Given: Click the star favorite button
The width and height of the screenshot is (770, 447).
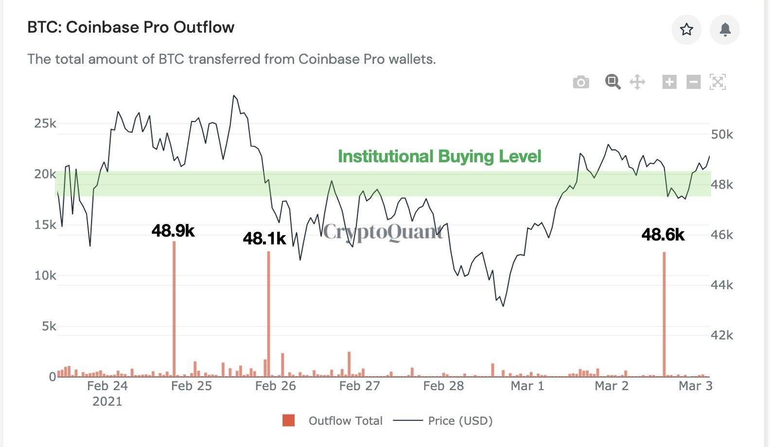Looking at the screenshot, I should (x=686, y=30).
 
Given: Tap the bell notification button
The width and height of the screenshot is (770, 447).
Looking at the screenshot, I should (x=725, y=30).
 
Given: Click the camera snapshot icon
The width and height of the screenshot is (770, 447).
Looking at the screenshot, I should (x=581, y=82).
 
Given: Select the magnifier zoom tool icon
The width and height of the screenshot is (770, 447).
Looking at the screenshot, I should (x=612, y=82).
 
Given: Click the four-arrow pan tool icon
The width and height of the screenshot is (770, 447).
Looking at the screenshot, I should (x=637, y=82).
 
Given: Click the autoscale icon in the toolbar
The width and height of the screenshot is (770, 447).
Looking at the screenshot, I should (x=717, y=82).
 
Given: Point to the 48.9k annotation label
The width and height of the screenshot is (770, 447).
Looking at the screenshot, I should (x=173, y=231).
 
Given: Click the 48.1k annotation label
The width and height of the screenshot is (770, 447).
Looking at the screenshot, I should (x=264, y=239).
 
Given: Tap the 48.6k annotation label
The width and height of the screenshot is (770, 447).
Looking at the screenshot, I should (x=663, y=235).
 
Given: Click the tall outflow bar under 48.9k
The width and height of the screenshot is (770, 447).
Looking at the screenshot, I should (x=174, y=311).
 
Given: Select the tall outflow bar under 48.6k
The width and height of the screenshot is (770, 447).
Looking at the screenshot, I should (x=664, y=316).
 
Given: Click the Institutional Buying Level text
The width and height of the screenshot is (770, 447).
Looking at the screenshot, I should (x=439, y=156).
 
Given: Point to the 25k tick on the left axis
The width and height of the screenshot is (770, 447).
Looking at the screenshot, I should (x=45, y=123).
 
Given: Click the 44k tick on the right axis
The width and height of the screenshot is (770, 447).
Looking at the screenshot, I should (x=722, y=285).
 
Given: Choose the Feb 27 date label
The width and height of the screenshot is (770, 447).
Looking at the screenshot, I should (x=359, y=386).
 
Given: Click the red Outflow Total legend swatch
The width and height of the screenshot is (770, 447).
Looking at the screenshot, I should (x=289, y=421).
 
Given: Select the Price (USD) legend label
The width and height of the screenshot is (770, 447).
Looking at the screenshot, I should (x=460, y=421).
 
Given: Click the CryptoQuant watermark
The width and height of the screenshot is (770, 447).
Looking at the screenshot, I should (x=383, y=232).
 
